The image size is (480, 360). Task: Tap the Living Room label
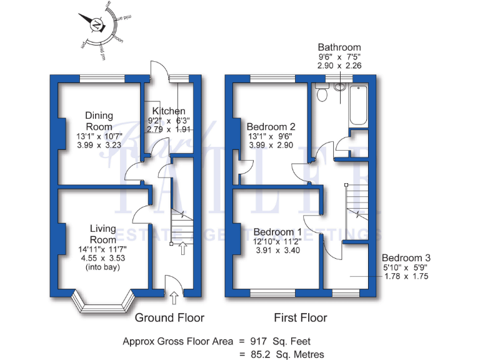pyautogui.click(x=102, y=234)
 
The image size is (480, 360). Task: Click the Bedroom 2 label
pyautogui.click(x=271, y=126)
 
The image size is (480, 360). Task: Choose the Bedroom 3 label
pyautogui.click(x=406, y=257)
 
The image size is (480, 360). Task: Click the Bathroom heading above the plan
pyautogui.click(x=339, y=47)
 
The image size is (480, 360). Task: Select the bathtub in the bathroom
pyautogui.click(x=359, y=103)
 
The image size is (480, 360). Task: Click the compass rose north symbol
pyautogui.click(x=97, y=25)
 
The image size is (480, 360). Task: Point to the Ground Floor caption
pyautogui.click(x=169, y=317)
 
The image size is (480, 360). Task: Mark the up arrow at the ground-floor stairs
pyautogui.click(x=182, y=249)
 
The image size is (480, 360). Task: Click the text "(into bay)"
pyautogui.click(x=102, y=267)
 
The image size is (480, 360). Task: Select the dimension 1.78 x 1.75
pyautogui.click(x=406, y=276)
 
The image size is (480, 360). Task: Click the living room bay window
pyautogui.click(x=102, y=304)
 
